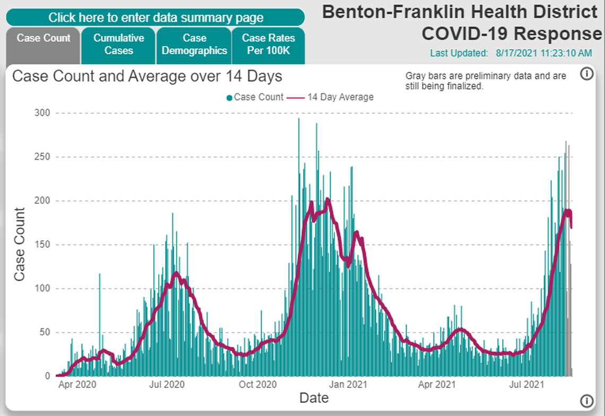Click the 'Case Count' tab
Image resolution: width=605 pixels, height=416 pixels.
click(44, 38)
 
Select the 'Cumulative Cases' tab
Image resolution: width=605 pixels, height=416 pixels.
click(118, 45)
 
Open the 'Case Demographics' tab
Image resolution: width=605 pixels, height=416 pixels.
click(194, 45)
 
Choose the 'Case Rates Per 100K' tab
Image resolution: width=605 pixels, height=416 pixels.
click(268, 45)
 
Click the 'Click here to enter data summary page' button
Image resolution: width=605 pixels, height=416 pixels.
click(155, 18)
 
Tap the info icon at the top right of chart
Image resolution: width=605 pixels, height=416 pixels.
click(586, 74)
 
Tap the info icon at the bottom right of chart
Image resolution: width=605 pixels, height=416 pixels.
click(586, 400)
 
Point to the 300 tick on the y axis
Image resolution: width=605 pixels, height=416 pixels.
click(42, 113)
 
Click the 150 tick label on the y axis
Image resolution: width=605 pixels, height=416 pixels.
click(42, 245)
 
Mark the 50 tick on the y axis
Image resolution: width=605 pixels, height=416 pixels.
click(45, 332)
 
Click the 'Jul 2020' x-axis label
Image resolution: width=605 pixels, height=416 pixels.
click(167, 384)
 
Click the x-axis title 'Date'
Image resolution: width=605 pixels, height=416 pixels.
click(314, 397)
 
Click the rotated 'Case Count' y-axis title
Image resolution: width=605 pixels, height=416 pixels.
click(20, 245)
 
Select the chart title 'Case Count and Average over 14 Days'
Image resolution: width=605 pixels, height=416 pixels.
click(147, 76)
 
